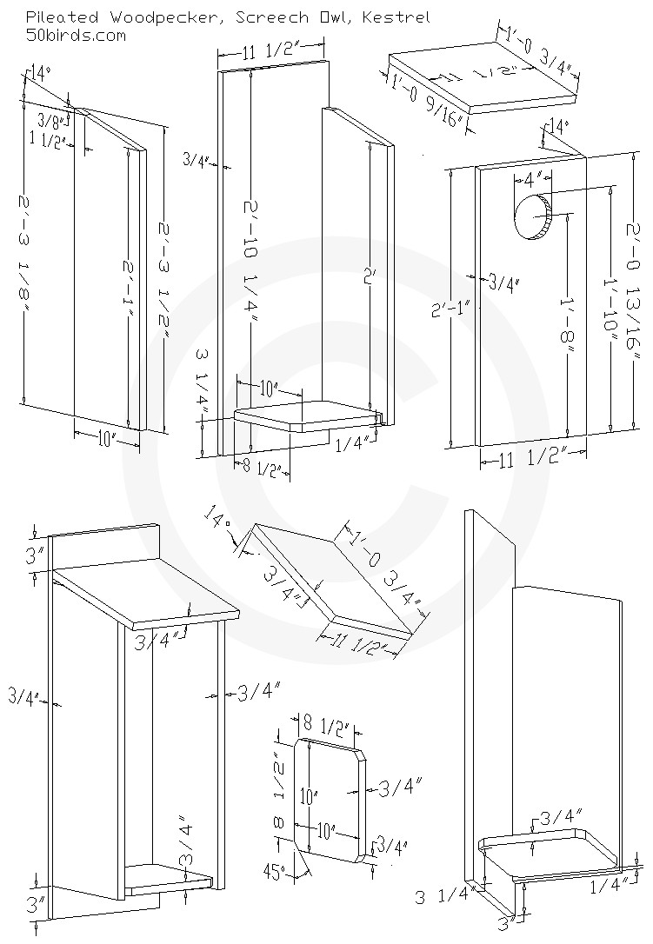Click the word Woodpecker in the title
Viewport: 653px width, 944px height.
point(139,17)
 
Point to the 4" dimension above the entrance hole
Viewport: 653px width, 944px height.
point(533,180)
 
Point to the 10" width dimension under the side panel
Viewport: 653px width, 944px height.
point(106,441)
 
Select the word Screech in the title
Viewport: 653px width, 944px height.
point(260,17)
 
